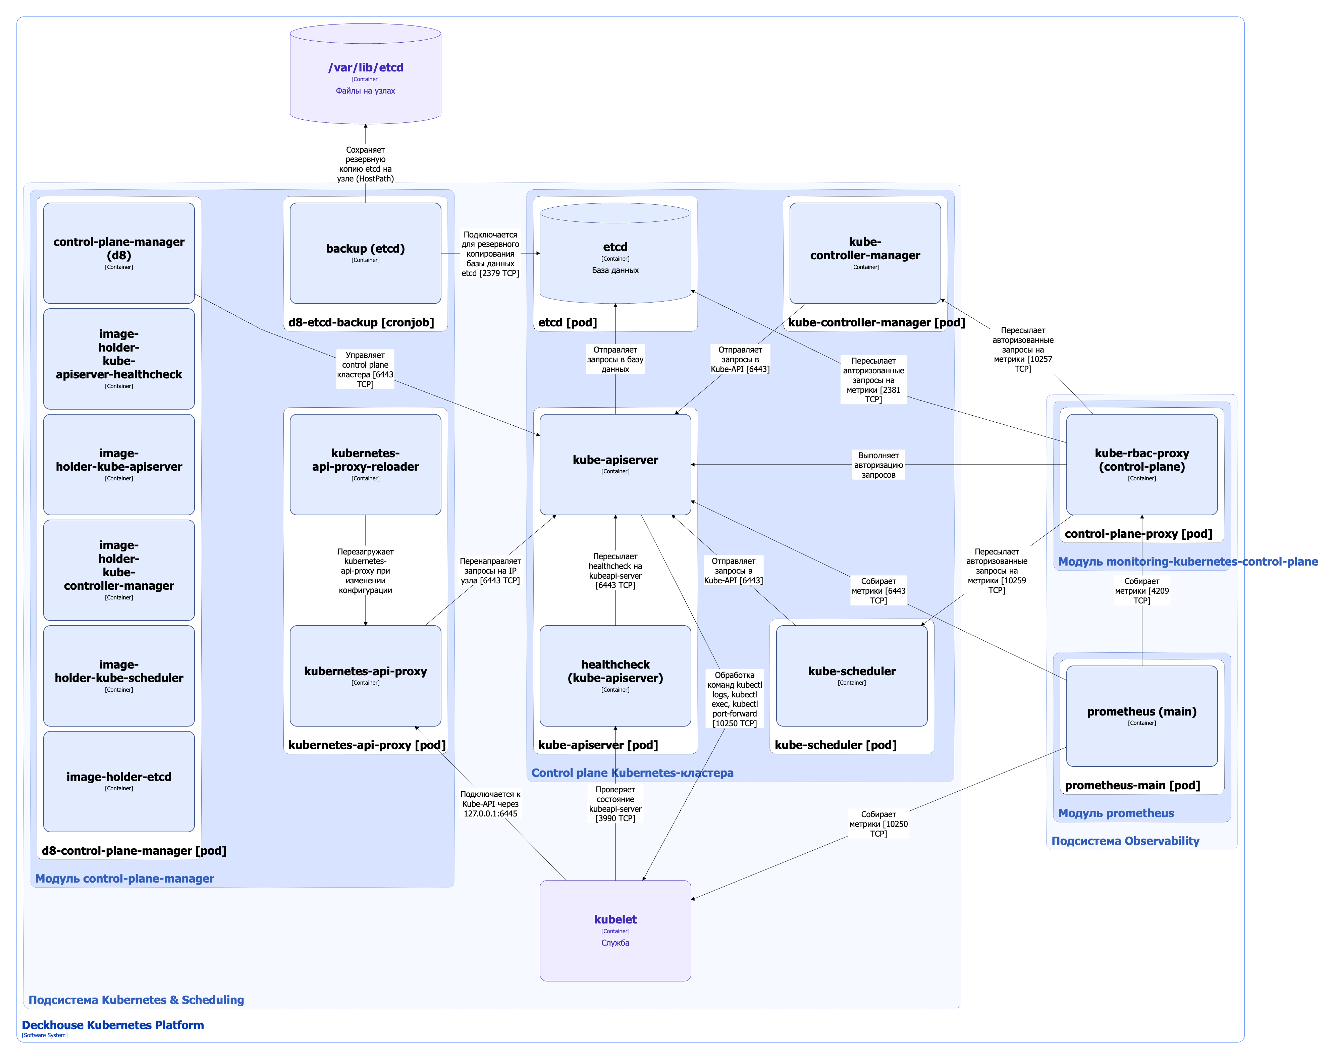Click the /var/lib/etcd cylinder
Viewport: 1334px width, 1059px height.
tap(365, 74)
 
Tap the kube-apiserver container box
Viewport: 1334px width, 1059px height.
tap(615, 464)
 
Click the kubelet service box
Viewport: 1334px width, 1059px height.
tap(615, 930)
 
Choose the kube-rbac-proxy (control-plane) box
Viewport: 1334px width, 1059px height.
tap(1141, 464)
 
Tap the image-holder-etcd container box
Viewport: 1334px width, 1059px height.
tap(119, 781)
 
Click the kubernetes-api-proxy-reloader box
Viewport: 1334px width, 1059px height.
tap(365, 464)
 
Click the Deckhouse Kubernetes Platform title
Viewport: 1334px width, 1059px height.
tap(113, 1025)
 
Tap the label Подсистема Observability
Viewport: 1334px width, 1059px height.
tap(1125, 841)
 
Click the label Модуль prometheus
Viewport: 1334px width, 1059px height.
tap(1116, 813)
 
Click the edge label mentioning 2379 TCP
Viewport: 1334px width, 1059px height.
tap(490, 254)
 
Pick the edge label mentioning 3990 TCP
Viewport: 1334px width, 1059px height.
tap(615, 803)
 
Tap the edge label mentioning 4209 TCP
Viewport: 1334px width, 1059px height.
tap(1141, 590)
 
